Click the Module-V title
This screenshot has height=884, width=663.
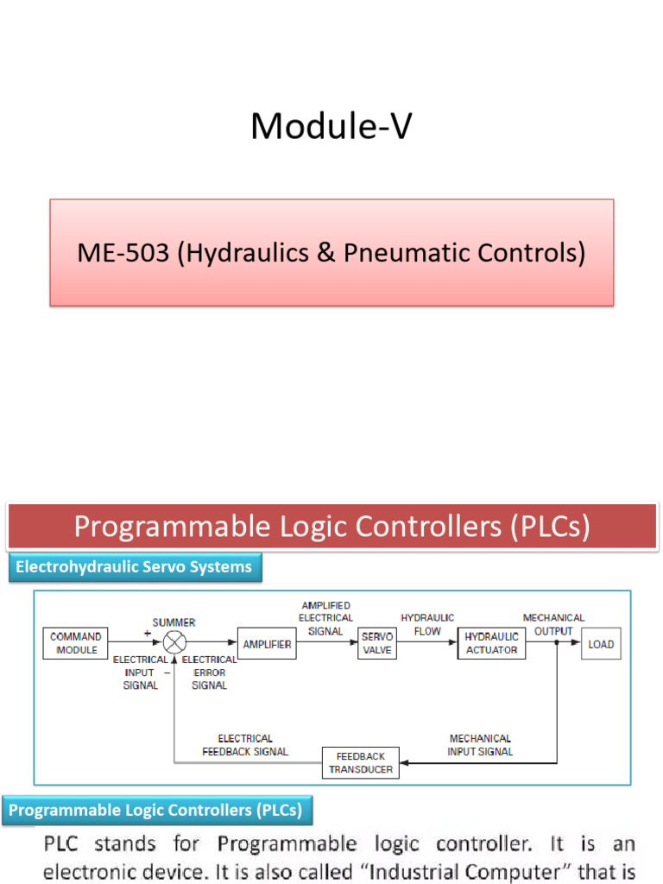[x=331, y=127]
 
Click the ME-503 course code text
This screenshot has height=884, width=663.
[x=123, y=253]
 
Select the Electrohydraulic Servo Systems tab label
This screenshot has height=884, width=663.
[x=134, y=567]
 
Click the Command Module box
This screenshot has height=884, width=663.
[x=77, y=643]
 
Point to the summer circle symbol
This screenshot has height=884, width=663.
[x=175, y=643]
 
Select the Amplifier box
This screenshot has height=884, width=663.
[x=267, y=644]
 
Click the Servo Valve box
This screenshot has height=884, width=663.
[x=377, y=643]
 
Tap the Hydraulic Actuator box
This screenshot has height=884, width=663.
[x=492, y=643]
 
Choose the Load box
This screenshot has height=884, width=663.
[x=601, y=644]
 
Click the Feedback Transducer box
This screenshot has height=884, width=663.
[x=361, y=762]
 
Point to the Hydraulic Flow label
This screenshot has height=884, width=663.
[x=421, y=624]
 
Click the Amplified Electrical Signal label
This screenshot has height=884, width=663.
[x=325, y=617]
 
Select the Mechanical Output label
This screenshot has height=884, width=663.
[x=553, y=624]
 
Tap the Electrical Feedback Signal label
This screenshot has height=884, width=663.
[x=245, y=745]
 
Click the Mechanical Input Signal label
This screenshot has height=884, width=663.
[x=480, y=745]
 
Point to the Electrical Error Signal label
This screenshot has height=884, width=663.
[x=209, y=672]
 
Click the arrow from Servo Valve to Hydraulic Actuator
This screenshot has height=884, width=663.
[x=427, y=644]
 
